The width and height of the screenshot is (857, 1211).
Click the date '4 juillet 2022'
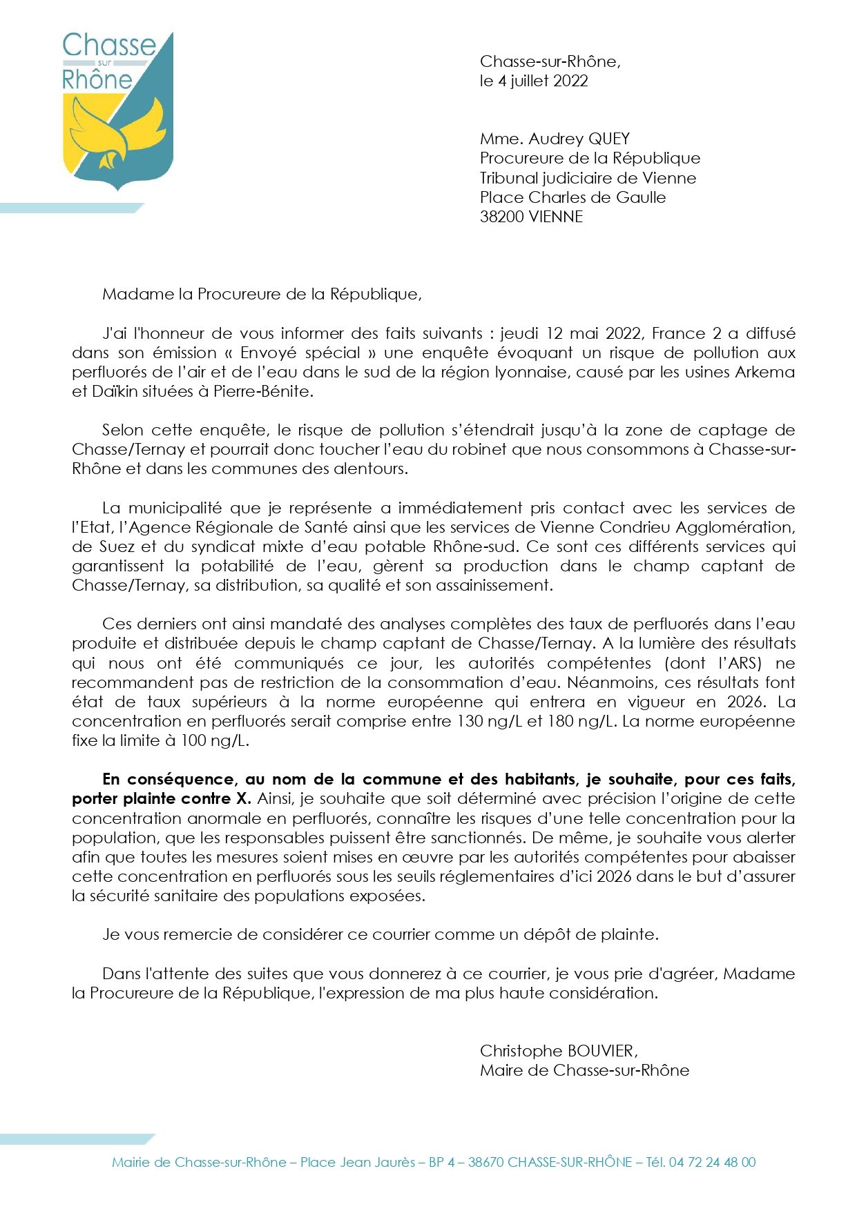(543, 81)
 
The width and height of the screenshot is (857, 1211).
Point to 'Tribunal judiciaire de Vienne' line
(588, 178)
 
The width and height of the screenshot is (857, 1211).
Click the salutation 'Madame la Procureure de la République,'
(262, 294)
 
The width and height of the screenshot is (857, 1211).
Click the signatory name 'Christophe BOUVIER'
(558, 1050)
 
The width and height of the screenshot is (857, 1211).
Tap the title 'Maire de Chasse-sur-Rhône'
(584, 1070)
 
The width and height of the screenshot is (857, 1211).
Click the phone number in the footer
(712, 1162)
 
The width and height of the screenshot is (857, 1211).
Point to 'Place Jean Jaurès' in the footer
(358, 1162)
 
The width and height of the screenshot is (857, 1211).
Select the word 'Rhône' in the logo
(97, 79)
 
